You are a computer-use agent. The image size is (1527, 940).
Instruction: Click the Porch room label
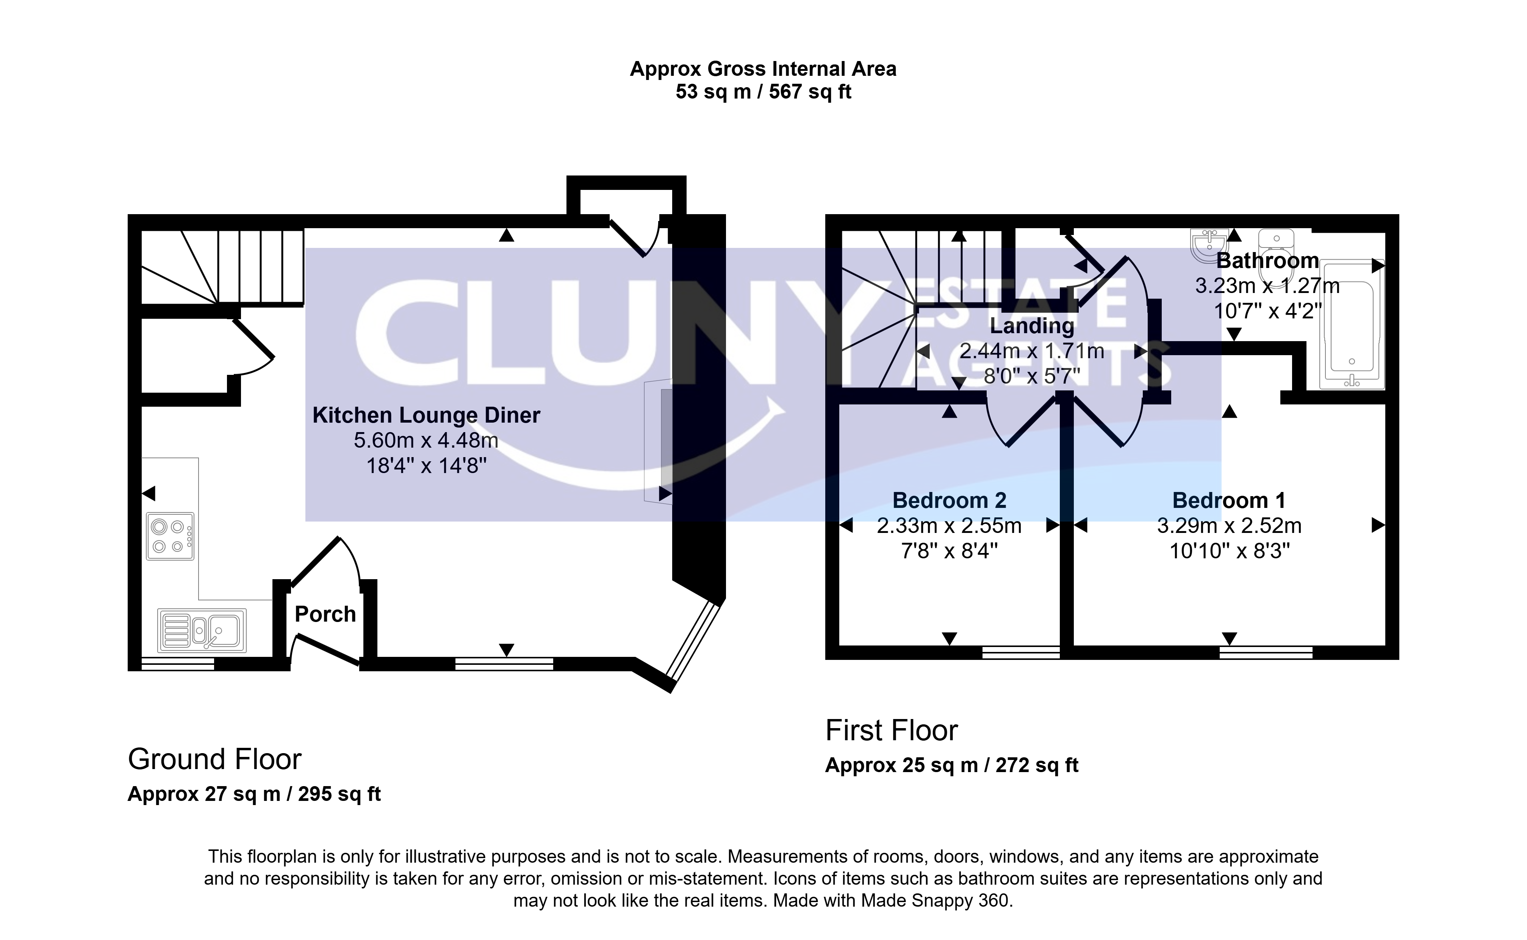click(x=325, y=614)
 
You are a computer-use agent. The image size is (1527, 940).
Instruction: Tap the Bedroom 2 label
click(x=949, y=500)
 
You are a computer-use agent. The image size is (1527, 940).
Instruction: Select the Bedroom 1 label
click(x=1229, y=500)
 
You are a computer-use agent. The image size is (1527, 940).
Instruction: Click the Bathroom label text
click(x=1267, y=260)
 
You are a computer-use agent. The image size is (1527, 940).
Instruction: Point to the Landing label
click(x=1032, y=326)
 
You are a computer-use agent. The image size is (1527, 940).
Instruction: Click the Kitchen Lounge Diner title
click(x=426, y=415)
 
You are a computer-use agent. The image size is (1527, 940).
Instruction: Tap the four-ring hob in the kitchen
click(x=170, y=536)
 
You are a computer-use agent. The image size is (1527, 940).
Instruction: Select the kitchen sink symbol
click(x=202, y=630)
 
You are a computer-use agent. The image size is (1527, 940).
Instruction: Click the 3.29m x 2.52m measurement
click(x=1229, y=526)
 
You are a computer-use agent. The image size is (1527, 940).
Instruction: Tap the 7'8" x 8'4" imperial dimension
click(x=949, y=551)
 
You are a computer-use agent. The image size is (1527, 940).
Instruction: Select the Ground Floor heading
click(x=214, y=760)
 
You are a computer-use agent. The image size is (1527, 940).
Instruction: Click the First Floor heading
click(x=891, y=730)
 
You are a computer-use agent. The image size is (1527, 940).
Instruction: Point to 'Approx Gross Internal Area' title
click(x=763, y=69)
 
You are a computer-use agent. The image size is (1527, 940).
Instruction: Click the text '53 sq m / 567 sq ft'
click(x=763, y=92)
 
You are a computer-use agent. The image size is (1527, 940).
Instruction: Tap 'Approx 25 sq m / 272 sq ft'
click(x=951, y=765)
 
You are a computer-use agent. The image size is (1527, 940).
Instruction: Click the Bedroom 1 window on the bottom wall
click(x=1266, y=653)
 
